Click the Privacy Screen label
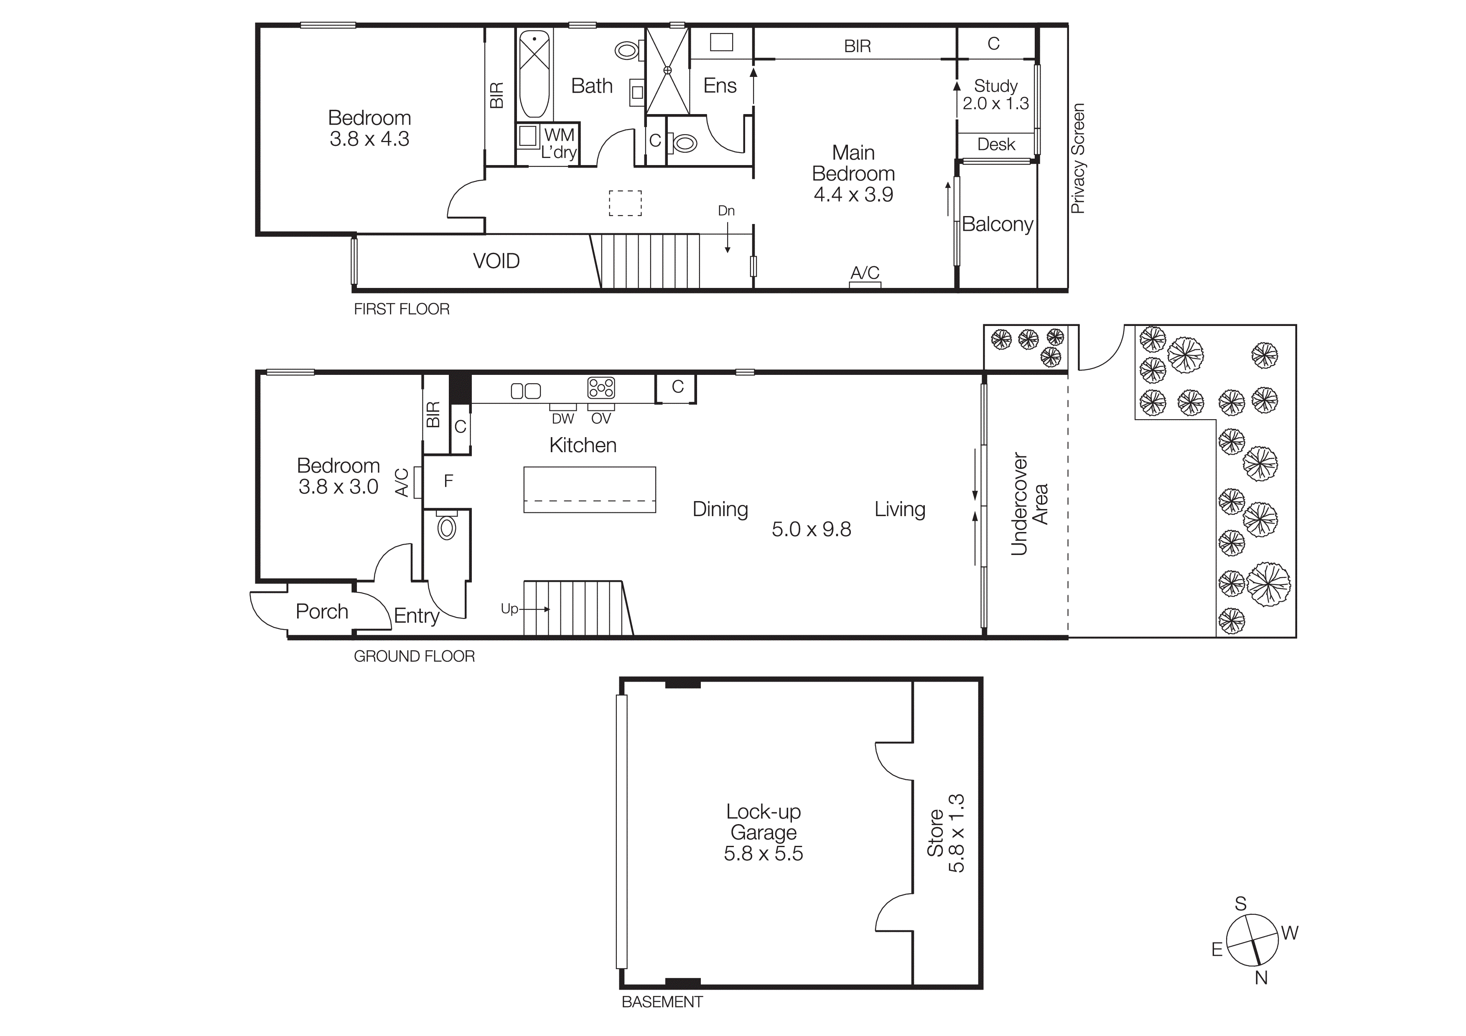pyautogui.click(x=1078, y=158)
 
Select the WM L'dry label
pyautogui.click(x=559, y=144)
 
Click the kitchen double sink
pyautogui.click(x=525, y=391)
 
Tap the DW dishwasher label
pyautogui.click(x=562, y=419)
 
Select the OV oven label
pyautogui.click(x=601, y=419)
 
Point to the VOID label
pyautogui.click(x=496, y=261)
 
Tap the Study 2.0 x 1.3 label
pyautogui.click(x=995, y=94)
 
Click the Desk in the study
pyautogui.click(x=995, y=144)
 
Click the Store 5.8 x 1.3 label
pyautogui.click(x=946, y=833)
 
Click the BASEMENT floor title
pyautogui.click(x=662, y=1002)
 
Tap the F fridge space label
pyautogui.click(x=448, y=481)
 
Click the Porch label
pyautogui.click(x=322, y=611)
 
